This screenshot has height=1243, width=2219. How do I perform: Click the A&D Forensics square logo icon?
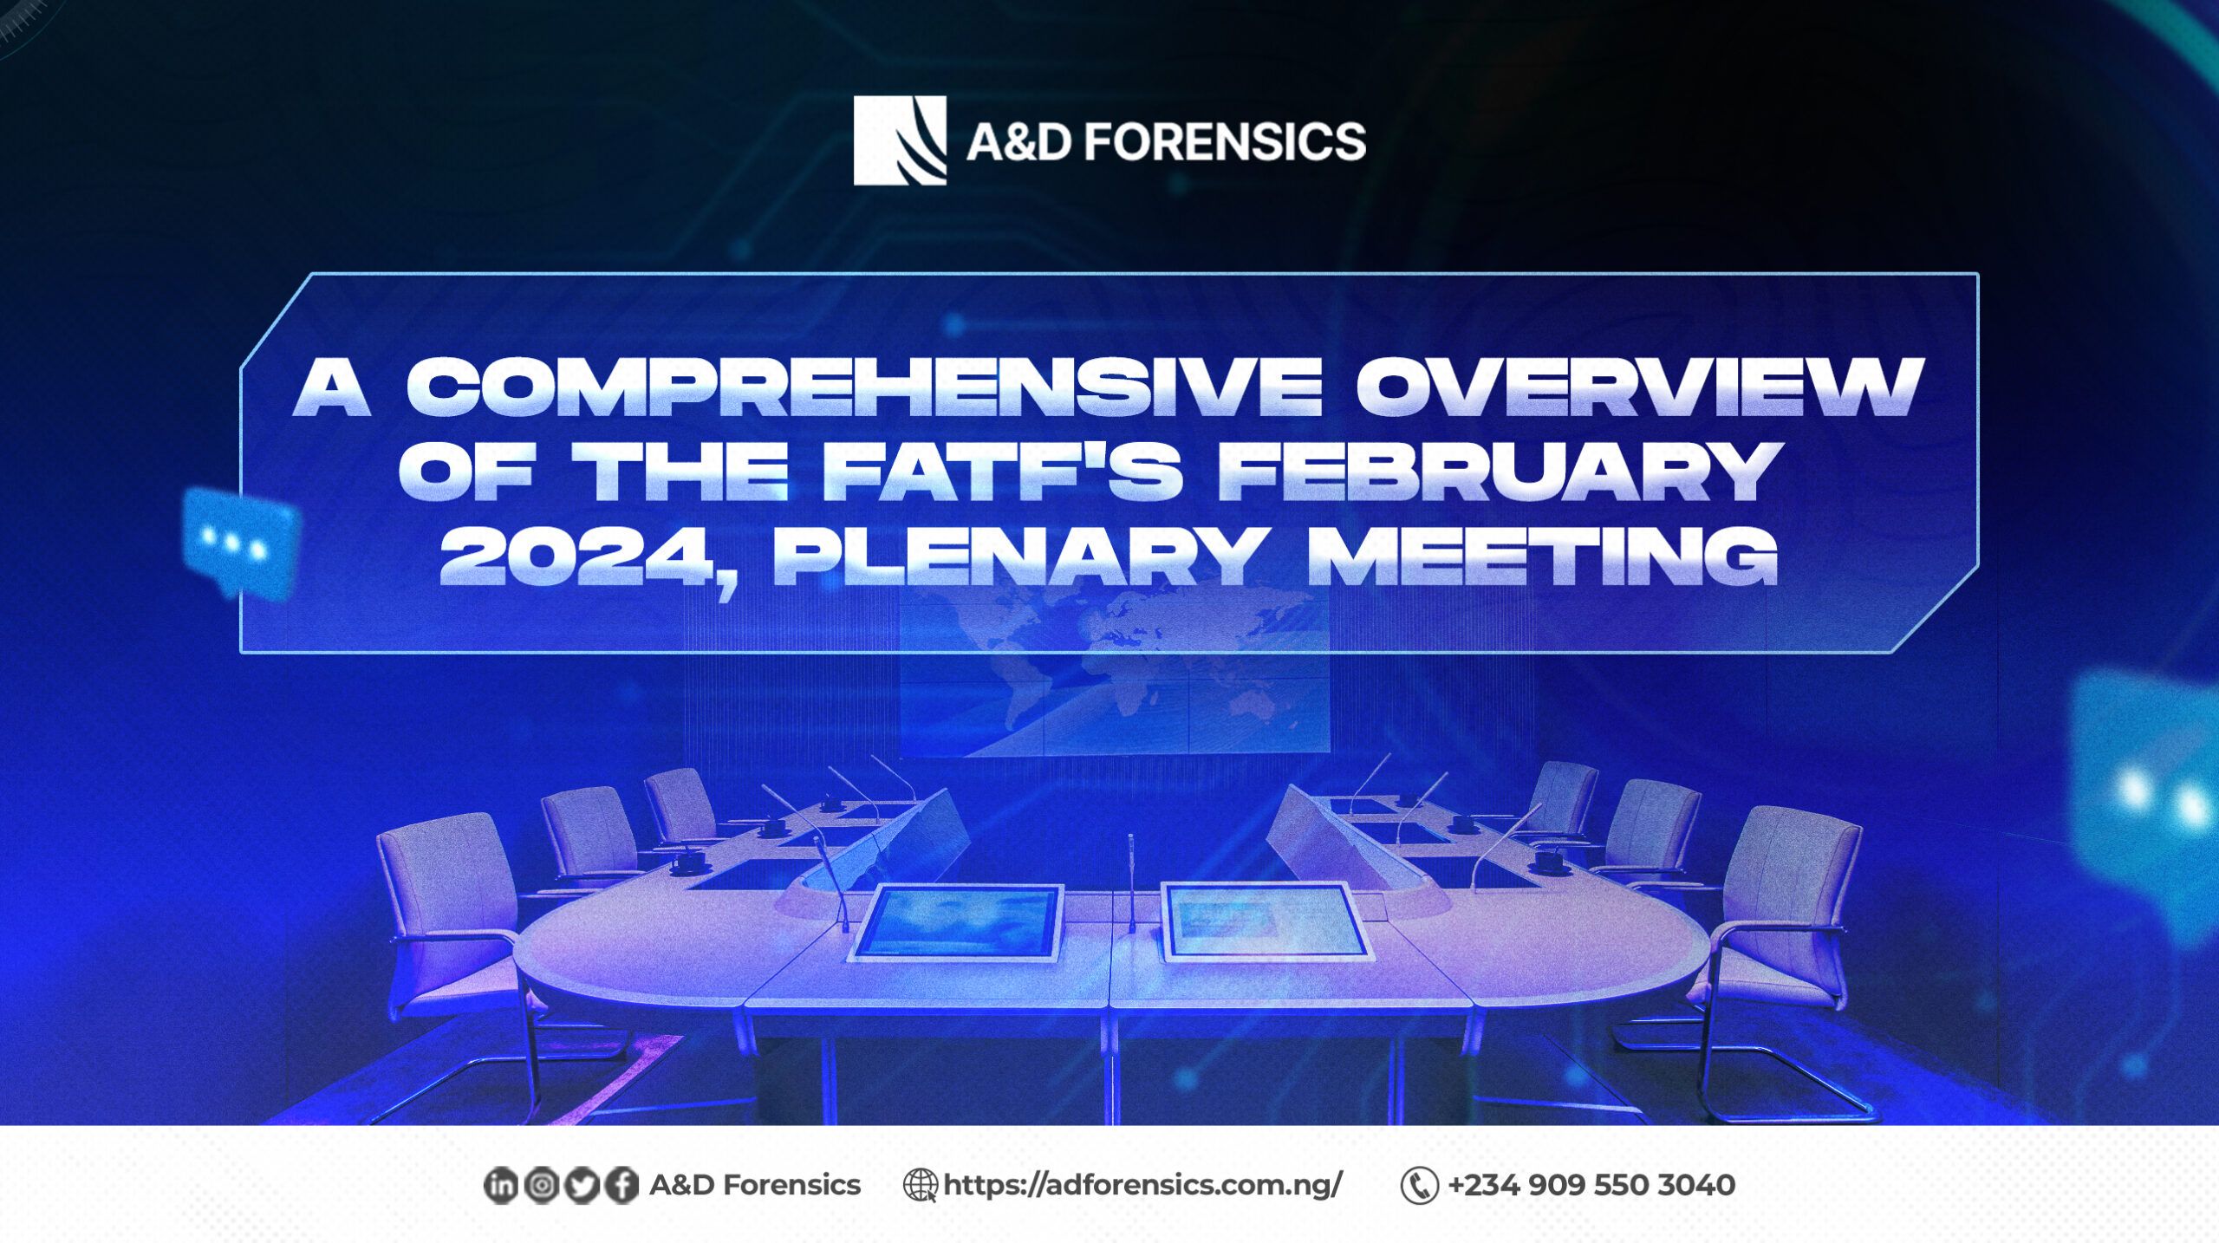(899, 140)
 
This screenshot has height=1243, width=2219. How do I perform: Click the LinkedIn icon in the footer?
(500, 1186)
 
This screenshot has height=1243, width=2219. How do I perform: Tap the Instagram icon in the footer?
(541, 1186)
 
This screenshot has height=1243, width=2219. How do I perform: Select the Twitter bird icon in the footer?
(581, 1186)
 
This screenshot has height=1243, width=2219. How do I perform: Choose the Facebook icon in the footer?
(621, 1186)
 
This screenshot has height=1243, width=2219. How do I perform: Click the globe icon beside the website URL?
(920, 1185)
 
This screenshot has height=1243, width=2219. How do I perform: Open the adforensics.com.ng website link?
(1142, 1185)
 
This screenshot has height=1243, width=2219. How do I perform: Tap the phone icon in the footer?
(1419, 1186)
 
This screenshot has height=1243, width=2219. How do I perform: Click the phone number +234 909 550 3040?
(1591, 1185)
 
